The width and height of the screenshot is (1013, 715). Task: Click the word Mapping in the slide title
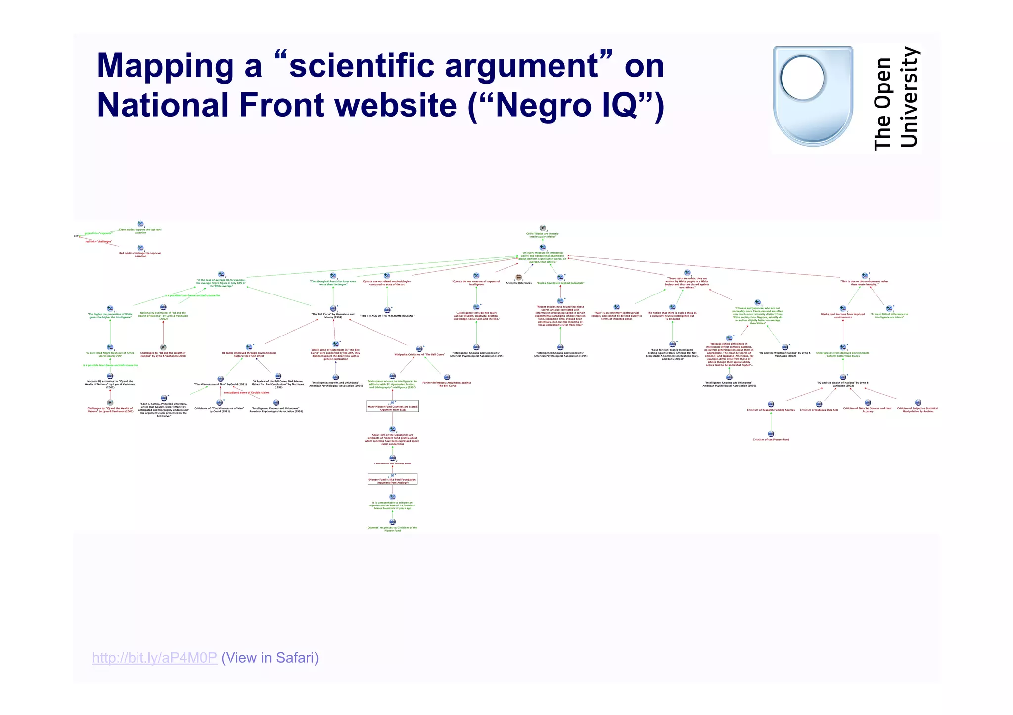(x=165, y=66)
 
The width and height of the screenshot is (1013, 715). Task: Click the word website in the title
(x=388, y=105)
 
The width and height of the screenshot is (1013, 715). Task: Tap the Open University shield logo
(x=813, y=96)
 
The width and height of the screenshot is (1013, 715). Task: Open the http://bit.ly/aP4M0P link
(x=154, y=658)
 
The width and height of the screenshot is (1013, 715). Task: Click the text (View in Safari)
(x=270, y=658)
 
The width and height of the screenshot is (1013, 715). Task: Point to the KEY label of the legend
(x=76, y=236)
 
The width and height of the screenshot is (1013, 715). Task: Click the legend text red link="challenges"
(x=99, y=242)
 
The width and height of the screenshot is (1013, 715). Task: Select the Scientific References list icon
(x=518, y=277)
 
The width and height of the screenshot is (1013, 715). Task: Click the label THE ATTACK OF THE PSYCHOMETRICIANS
(x=387, y=316)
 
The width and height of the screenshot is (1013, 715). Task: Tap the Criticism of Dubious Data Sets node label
(x=819, y=410)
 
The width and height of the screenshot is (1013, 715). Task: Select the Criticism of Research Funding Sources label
(x=771, y=410)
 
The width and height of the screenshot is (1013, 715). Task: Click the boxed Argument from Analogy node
(x=393, y=481)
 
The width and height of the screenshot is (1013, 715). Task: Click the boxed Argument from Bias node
(x=393, y=408)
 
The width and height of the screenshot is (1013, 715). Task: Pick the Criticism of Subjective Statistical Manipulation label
(x=918, y=410)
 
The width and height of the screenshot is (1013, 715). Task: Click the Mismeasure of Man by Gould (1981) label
(x=220, y=384)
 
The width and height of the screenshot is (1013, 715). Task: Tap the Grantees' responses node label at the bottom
(x=392, y=529)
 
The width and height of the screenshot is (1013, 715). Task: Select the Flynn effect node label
(x=249, y=354)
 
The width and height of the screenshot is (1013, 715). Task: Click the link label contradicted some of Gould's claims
(x=246, y=393)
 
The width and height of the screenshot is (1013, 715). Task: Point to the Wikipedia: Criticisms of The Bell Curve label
(x=419, y=354)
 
